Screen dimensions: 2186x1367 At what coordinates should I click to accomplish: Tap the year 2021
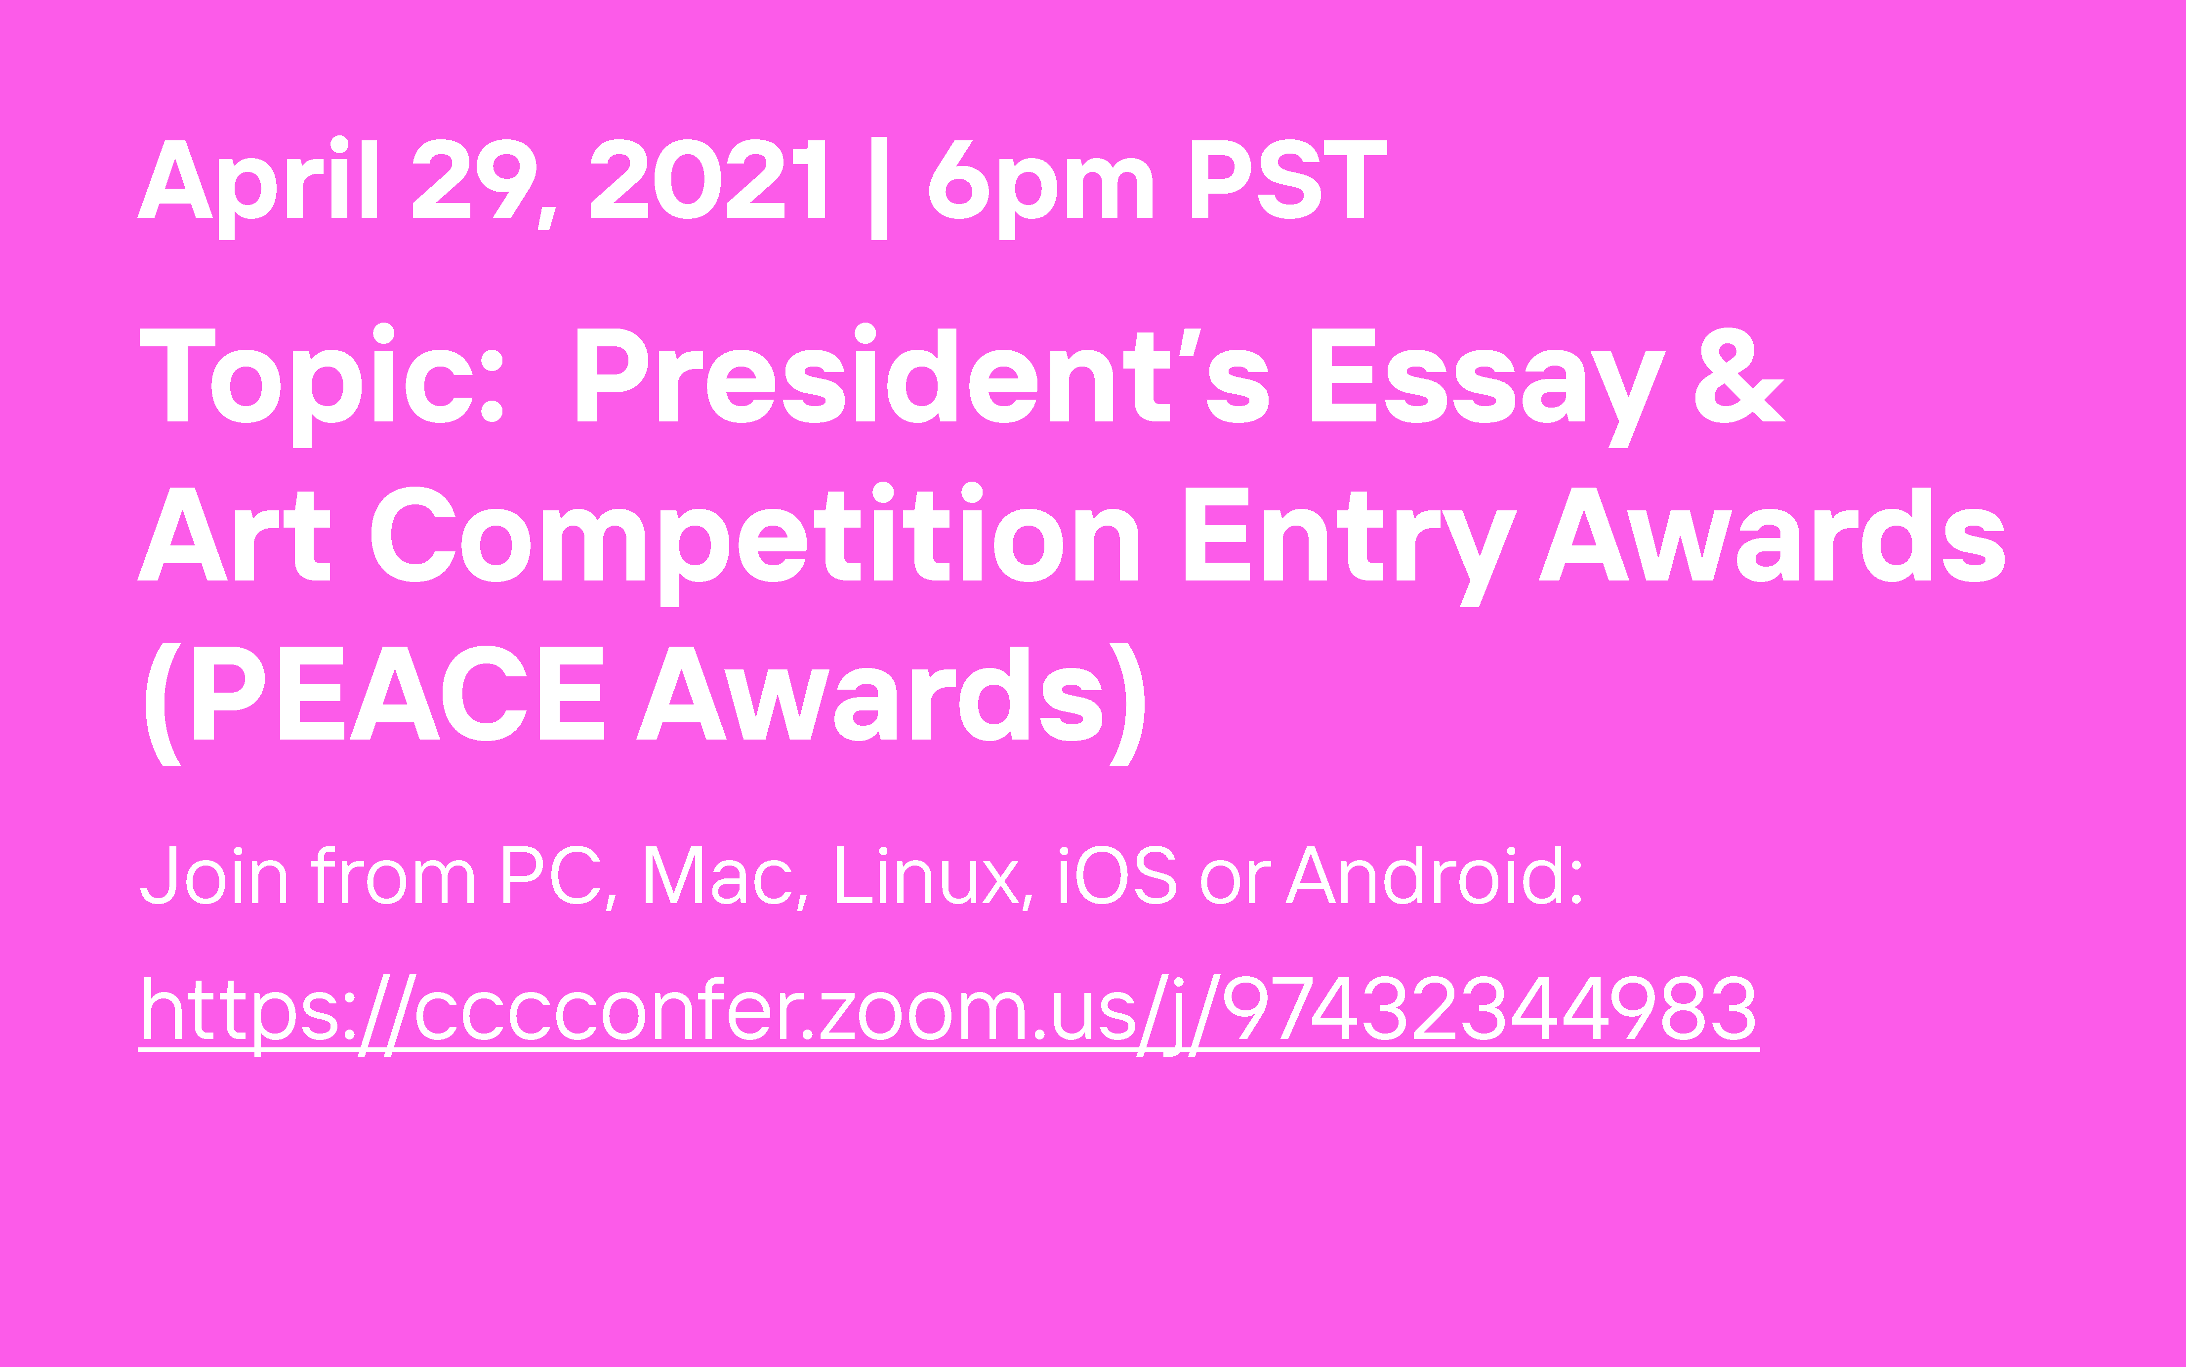coord(708,179)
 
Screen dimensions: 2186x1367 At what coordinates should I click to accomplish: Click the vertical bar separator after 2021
coord(879,188)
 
